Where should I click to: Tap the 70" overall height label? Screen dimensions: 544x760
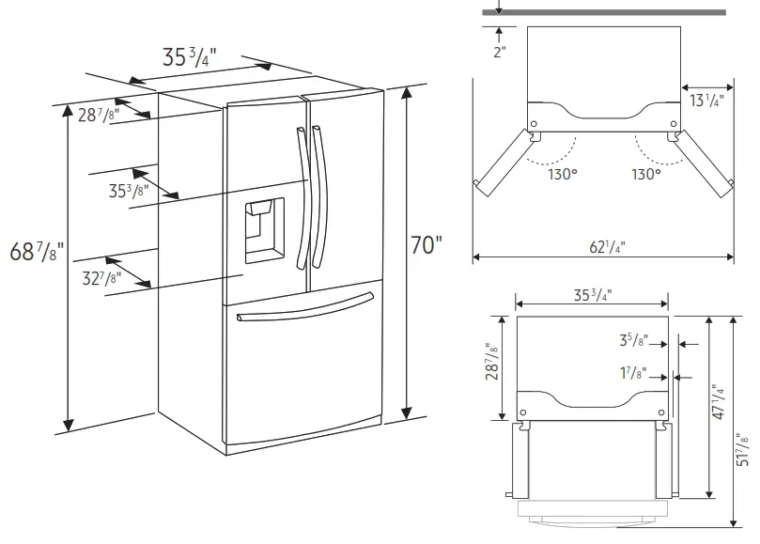(x=426, y=246)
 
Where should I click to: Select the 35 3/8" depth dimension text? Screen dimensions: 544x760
(x=127, y=191)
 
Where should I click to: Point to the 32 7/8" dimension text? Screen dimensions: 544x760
(x=100, y=277)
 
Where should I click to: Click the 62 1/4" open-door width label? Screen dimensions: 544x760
(x=607, y=247)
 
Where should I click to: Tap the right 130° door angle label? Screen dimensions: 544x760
(x=645, y=174)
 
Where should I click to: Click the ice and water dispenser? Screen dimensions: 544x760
(x=263, y=231)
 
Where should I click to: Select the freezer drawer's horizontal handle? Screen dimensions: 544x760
(x=305, y=307)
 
